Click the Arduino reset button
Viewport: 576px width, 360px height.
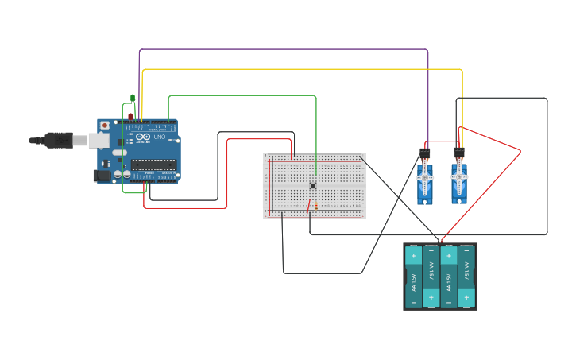(104, 126)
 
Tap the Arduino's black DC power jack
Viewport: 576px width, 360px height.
(102, 175)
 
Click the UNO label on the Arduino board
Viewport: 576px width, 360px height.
(159, 137)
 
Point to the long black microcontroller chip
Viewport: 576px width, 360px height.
(153, 165)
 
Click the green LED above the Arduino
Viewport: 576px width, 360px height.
(133, 99)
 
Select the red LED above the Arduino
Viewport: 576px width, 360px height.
(130, 116)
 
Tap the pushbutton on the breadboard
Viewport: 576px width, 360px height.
(313, 185)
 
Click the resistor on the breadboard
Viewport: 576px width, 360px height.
(315, 207)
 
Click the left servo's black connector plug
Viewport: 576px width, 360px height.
(425, 152)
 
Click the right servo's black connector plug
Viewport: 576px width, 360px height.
(459, 152)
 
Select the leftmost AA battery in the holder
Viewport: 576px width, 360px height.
(413, 276)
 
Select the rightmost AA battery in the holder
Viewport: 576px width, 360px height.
(466, 276)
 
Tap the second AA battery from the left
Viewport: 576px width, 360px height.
(431, 276)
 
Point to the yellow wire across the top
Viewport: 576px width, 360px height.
(302, 69)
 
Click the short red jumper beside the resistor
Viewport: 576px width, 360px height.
(308, 208)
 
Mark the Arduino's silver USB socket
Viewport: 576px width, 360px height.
(99, 141)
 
